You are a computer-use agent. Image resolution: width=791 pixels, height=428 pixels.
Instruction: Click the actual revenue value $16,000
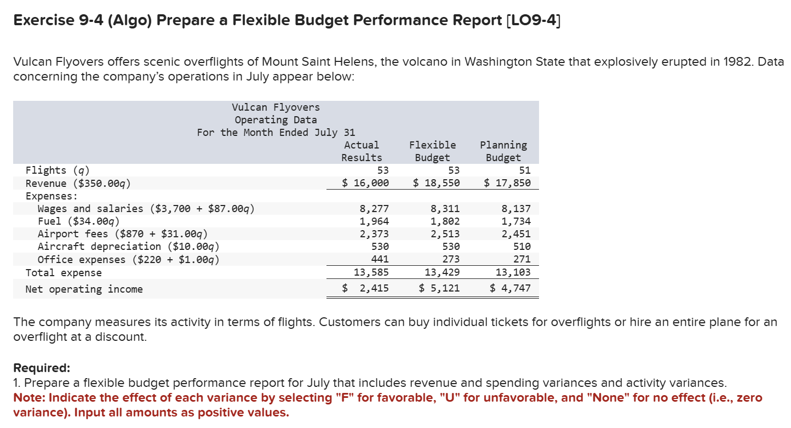pyautogui.click(x=365, y=183)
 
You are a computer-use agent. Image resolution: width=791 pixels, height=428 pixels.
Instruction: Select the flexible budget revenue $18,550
pyautogui.click(x=436, y=183)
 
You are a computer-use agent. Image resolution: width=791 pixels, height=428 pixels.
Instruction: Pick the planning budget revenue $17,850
pyautogui.click(x=507, y=183)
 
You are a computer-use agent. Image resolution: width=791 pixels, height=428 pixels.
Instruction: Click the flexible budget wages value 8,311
pyautogui.click(x=445, y=209)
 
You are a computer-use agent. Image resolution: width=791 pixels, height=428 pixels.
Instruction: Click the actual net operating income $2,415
pyautogui.click(x=365, y=288)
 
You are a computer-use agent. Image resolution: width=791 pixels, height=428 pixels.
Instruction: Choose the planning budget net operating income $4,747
pyautogui.click(x=510, y=288)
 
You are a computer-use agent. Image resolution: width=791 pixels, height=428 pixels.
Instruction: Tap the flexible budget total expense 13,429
pyautogui.click(x=442, y=272)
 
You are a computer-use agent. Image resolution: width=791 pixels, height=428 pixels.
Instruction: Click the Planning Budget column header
pyautogui.click(x=503, y=151)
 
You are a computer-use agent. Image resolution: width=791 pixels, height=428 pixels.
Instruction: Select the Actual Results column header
pyautogui.click(x=362, y=151)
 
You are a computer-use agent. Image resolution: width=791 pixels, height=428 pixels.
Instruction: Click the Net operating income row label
pyautogui.click(x=84, y=289)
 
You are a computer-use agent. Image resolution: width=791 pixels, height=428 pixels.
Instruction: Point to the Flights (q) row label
pyautogui.click(x=58, y=170)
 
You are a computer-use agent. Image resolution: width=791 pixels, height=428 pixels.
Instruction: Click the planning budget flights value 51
pyautogui.click(x=524, y=170)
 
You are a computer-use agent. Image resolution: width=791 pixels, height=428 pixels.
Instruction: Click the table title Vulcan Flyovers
pyautogui.click(x=276, y=107)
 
